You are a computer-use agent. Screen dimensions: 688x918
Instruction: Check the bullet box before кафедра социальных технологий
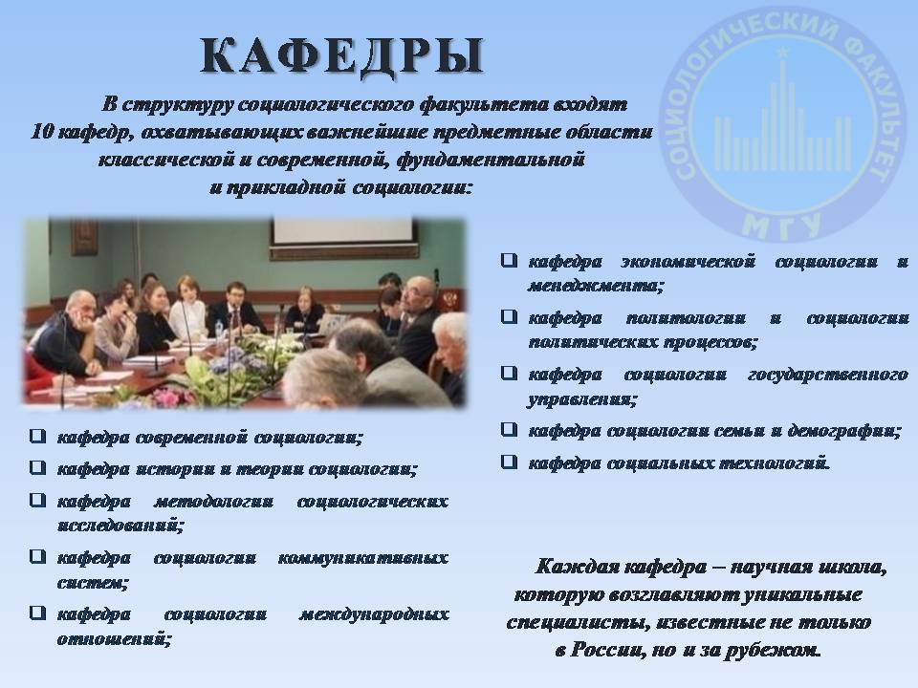point(510,462)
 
